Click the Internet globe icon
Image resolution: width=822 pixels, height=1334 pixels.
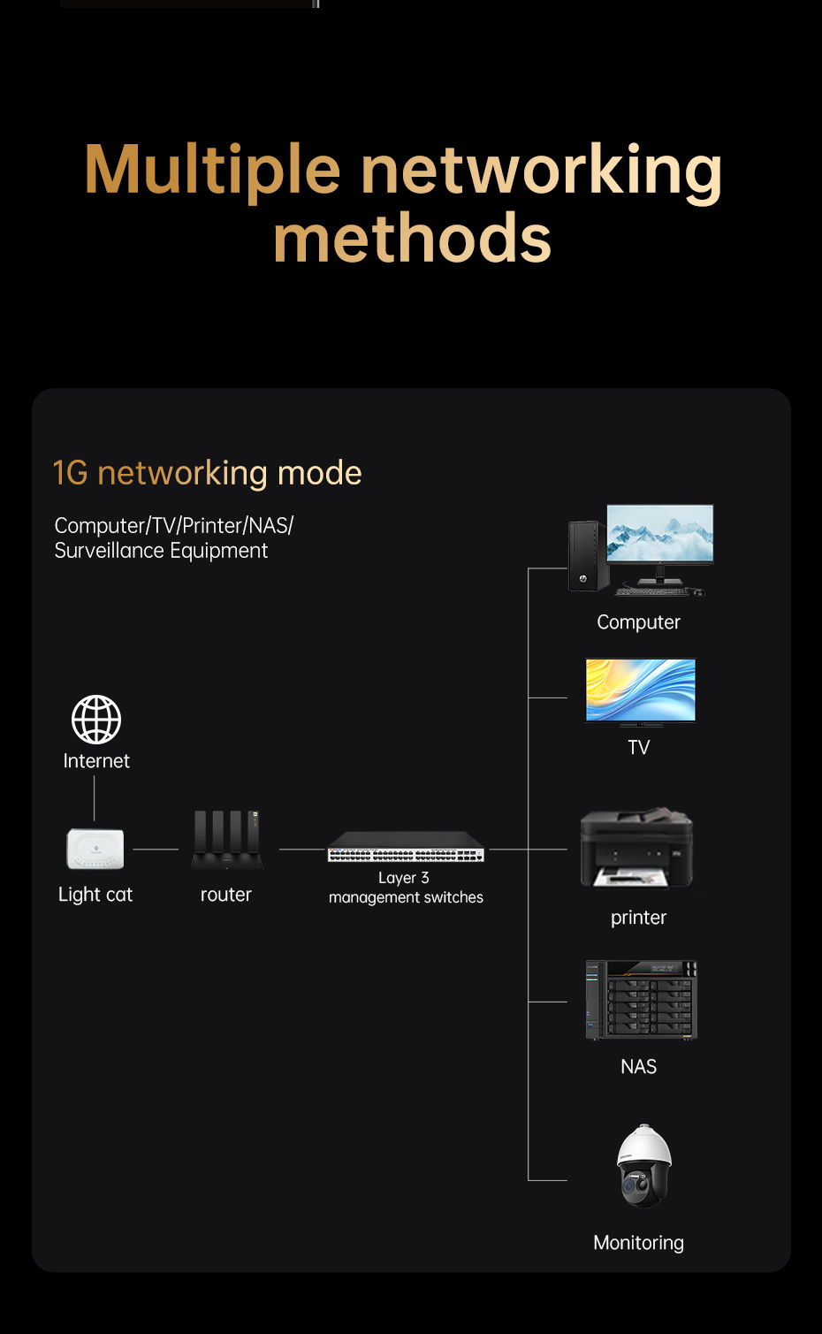tap(96, 719)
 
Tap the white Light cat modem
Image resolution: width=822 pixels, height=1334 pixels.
tap(95, 849)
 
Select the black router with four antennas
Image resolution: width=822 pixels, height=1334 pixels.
tap(227, 840)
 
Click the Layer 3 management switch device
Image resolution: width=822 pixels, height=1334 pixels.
tap(406, 848)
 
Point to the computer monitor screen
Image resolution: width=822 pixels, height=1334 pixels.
tap(660, 532)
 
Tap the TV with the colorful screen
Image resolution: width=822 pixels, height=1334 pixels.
tap(641, 690)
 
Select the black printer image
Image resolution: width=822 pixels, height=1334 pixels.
tap(636, 847)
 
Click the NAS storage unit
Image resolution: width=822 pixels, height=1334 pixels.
tap(641, 1000)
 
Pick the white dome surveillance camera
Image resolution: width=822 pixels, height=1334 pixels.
tap(643, 1166)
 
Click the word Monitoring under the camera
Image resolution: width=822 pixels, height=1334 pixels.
tap(638, 1243)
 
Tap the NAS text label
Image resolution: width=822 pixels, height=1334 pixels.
tap(638, 1067)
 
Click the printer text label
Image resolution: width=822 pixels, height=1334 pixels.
tap(638, 918)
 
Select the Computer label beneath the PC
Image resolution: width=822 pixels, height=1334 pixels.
tap(638, 622)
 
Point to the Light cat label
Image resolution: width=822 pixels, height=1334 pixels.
tap(95, 895)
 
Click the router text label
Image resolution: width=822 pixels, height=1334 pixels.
tap(226, 895)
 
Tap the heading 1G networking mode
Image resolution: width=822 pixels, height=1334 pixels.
tap(207, 473)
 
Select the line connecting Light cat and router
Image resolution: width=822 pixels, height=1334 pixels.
tap(156, 850)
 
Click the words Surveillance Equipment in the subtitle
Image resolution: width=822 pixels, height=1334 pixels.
tap(161, 551)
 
